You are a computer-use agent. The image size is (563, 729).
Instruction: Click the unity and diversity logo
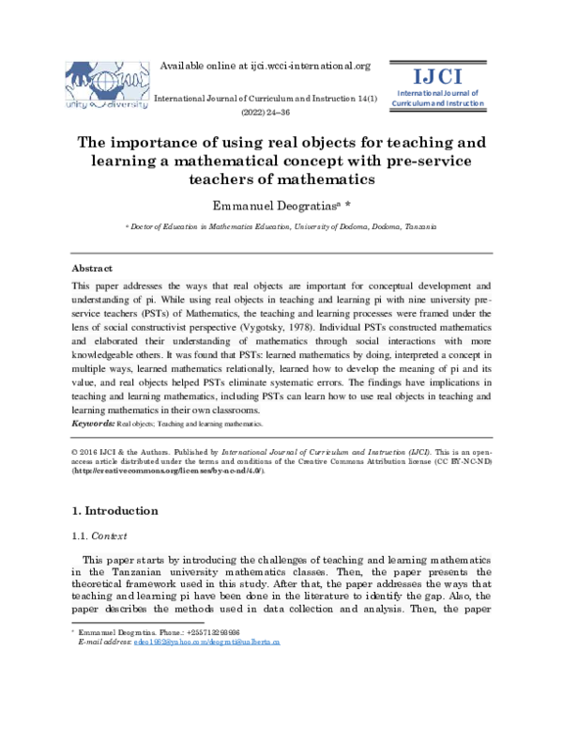coord(106,87)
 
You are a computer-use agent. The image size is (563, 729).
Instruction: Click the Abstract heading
coord(93,267)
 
